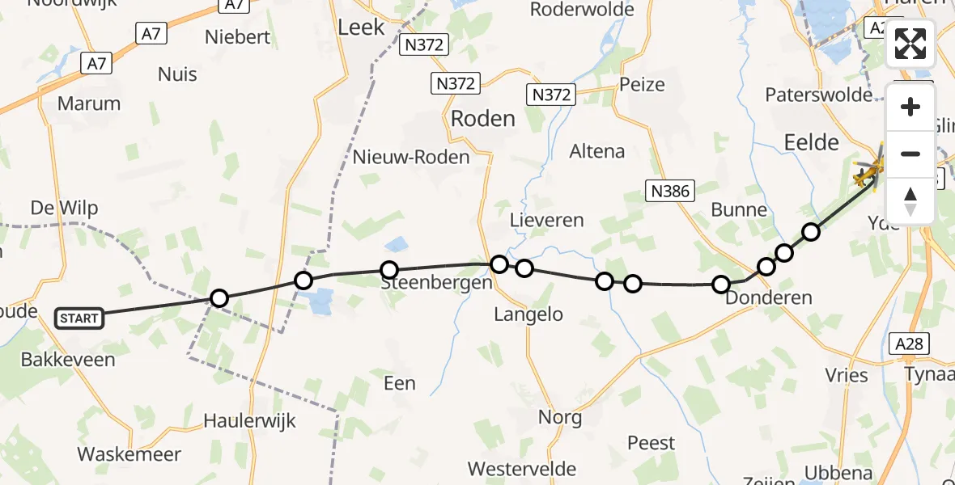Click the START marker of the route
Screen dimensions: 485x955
(79, 318)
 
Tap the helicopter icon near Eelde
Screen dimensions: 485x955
(868, 171)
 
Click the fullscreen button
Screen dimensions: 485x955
(910, 44)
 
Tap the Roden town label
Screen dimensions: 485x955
(482, 119)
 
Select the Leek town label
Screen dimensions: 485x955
(361, 27)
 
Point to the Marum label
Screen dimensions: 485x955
(89, 103)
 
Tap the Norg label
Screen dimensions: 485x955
(560, 418)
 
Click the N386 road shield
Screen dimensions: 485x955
(669, 191)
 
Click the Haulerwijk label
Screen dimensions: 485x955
(250, 421)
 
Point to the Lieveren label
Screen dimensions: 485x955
(547, 220)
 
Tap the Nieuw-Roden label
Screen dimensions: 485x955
(411, 157)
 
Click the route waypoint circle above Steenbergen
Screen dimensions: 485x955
(389, 270)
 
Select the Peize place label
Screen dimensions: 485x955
(642, 84)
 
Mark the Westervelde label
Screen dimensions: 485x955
(522, 469)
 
